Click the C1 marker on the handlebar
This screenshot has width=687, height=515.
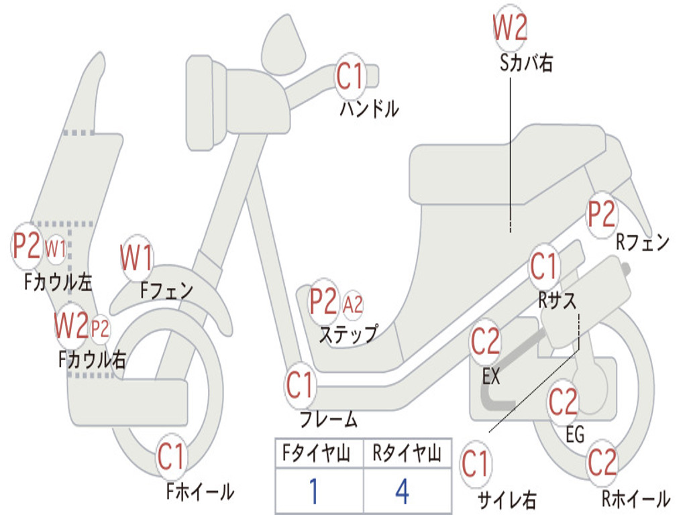point(350,76)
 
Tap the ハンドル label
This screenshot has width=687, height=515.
point(368,109)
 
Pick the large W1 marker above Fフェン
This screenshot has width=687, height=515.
point(137,257)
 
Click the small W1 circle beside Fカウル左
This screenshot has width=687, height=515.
point(56,249)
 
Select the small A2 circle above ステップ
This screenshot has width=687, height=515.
point(353,305)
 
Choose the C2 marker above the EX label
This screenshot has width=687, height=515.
point(485,343)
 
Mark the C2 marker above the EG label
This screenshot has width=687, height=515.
point(563,402)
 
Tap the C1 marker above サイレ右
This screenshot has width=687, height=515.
point(475,464)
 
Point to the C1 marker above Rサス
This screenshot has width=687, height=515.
point(544,267)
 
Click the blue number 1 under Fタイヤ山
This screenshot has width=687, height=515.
point(313,492)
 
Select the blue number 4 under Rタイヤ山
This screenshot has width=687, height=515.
point(402,492)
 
